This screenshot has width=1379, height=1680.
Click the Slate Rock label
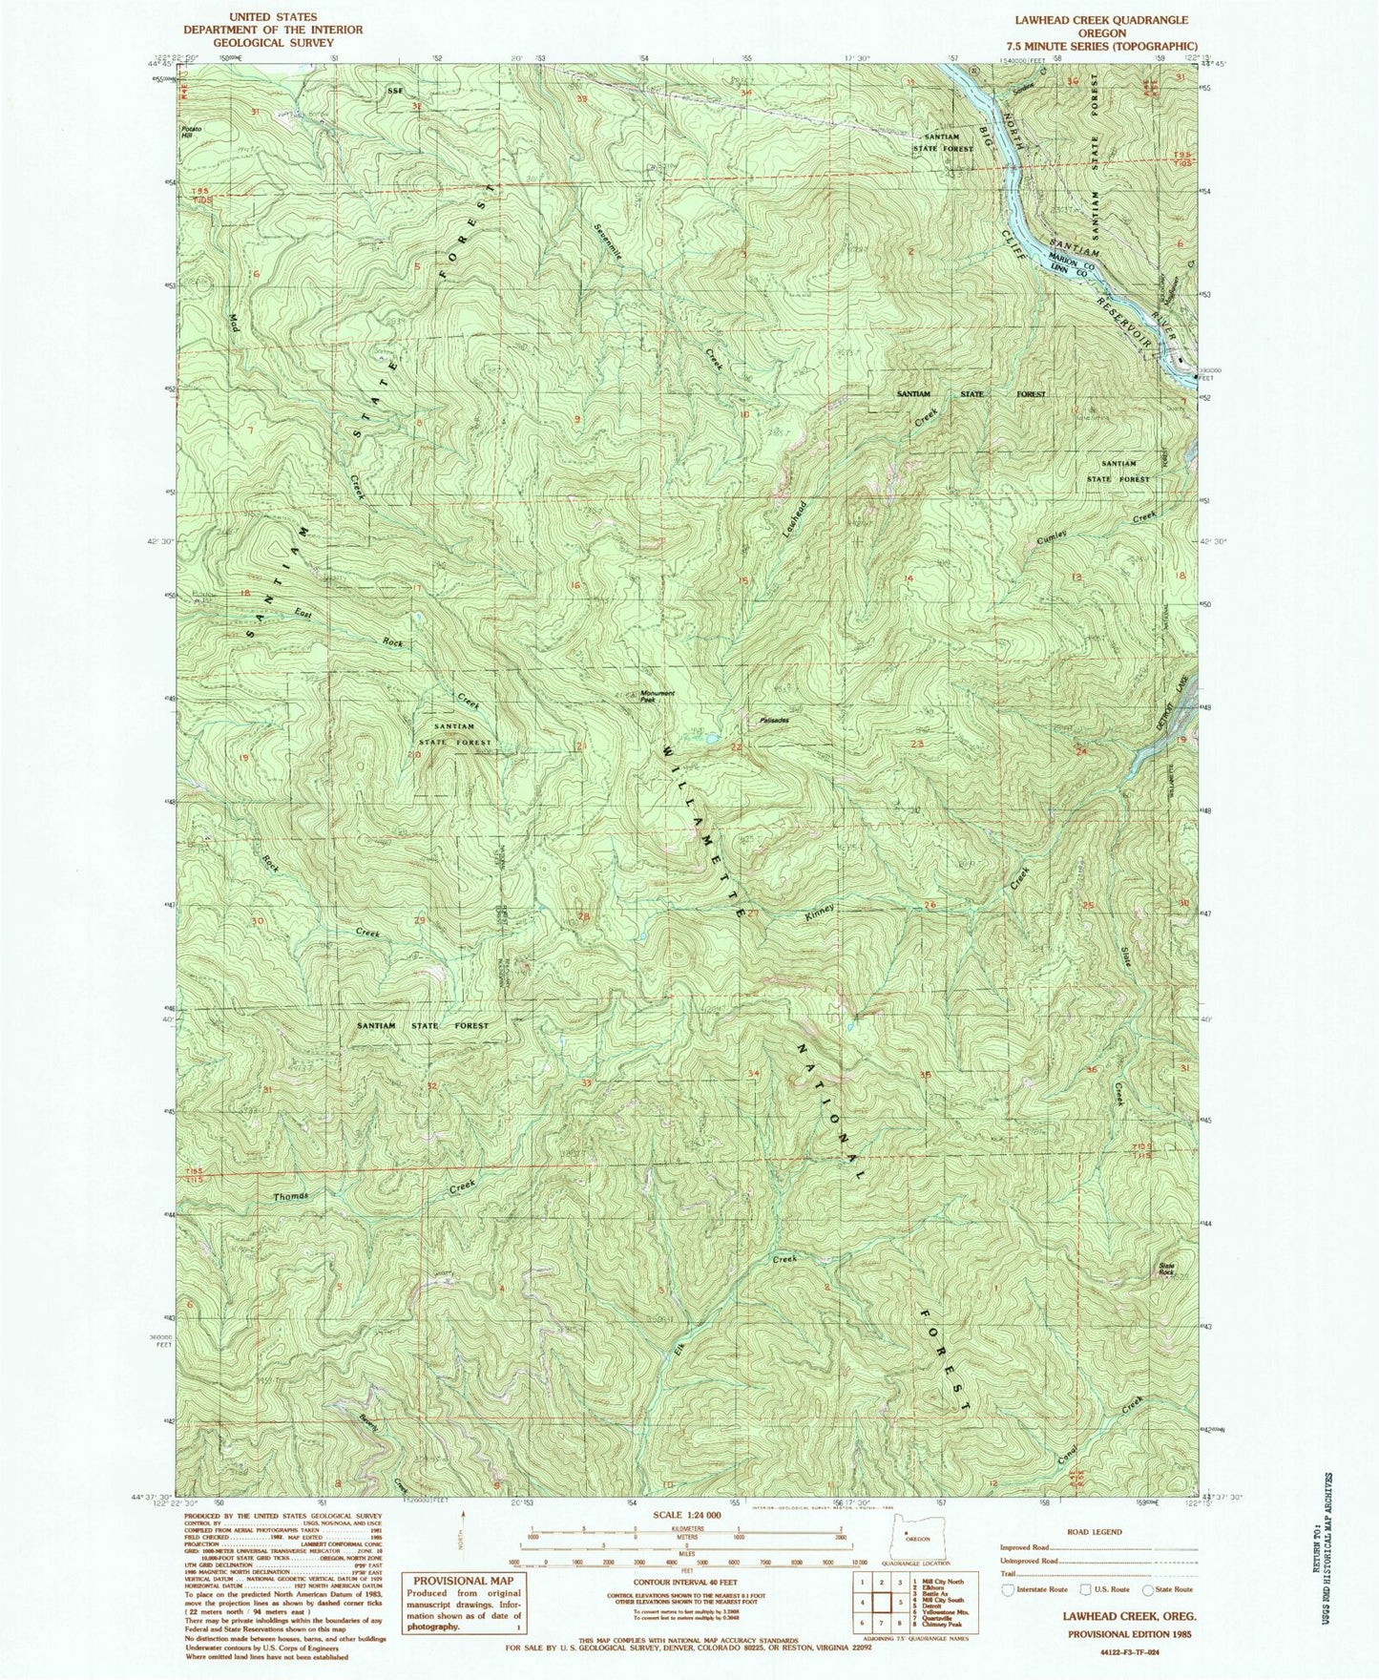1166,1270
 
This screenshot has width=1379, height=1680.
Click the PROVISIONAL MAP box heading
462,1581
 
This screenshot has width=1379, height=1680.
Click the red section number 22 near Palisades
736,746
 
